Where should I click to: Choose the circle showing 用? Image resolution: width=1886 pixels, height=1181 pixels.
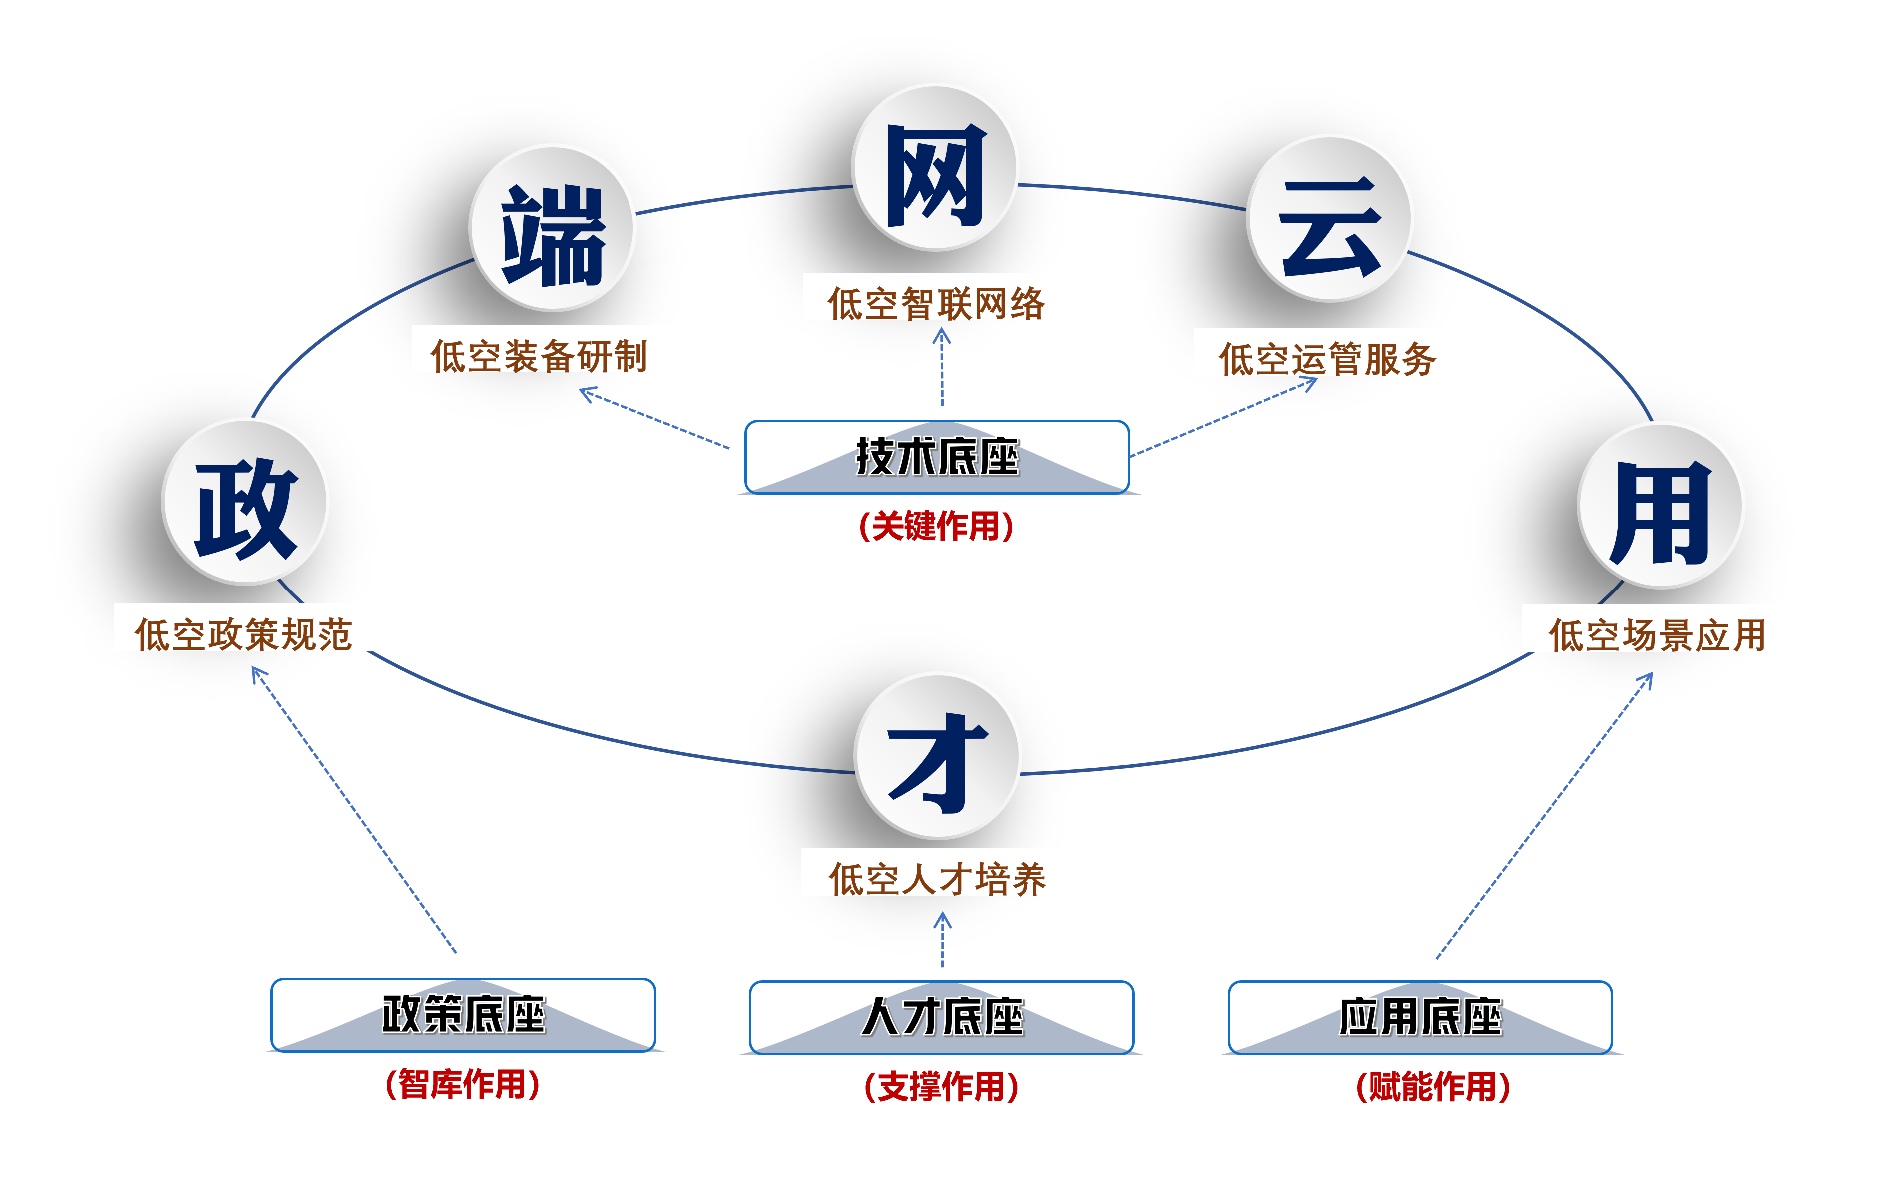pos(1660,506)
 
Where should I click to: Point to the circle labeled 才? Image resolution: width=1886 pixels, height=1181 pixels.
pos(937,756)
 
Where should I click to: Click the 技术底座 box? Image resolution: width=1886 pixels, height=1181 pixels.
pos(937,457)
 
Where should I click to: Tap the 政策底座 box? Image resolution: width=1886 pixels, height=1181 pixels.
pos(463,1015)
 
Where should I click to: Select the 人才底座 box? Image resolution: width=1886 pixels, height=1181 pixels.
pos(942,1017)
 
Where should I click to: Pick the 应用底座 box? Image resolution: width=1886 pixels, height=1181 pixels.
pos(1420,1017)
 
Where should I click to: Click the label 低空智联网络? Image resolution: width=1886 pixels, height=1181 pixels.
pos(936,304)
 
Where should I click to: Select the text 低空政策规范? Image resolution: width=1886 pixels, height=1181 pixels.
pos(244,635)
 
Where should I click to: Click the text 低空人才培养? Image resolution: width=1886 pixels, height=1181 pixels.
pos(937,879)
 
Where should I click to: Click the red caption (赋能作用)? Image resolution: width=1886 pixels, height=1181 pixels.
pos(1433,1087)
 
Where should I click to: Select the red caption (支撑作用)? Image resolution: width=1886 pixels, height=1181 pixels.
pos(942,1087)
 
